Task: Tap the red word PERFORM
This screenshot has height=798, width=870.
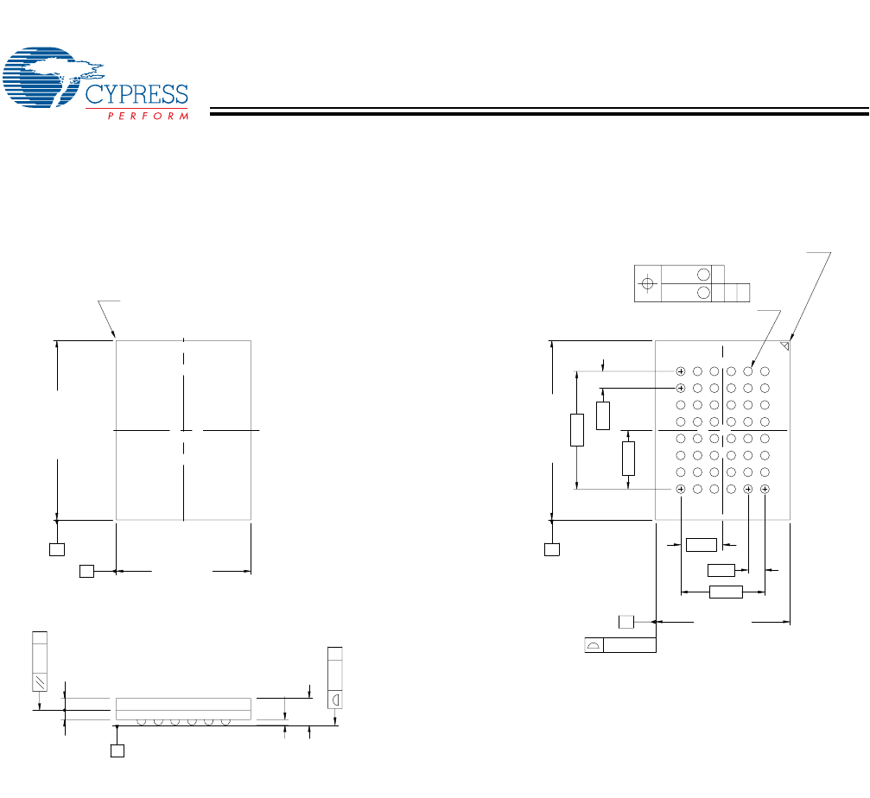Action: (148, 116)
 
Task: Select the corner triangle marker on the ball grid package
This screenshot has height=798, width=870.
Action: (784, 345)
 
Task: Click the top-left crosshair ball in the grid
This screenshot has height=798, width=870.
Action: (681, 371)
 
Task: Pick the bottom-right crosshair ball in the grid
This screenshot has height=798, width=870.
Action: (765, 490)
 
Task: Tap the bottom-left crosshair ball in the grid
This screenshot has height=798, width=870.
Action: (681, 490)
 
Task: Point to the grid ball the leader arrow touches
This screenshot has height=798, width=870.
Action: (748, 371)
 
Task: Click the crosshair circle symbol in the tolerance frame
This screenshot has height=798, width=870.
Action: (647, 283)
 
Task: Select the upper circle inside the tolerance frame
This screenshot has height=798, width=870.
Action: (704, 275)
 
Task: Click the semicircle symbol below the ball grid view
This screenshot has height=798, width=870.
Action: (594, 645)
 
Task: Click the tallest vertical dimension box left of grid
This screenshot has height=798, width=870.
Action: (577, 430)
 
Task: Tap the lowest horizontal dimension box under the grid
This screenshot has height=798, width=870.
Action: (725, 592)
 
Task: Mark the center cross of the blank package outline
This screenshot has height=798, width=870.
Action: (184, 429)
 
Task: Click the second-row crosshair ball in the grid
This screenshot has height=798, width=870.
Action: (681, 388)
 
